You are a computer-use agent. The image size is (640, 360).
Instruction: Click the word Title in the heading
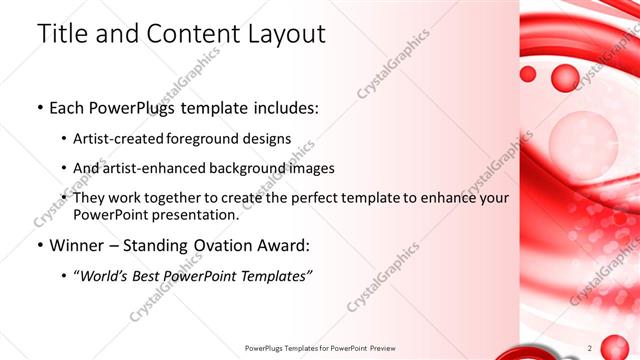coord(60,33)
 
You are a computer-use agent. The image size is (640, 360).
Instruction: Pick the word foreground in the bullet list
coord(209,139)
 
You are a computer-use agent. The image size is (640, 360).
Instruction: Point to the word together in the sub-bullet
coord(173,198)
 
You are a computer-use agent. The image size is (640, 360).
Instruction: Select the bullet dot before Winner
coord(39,245)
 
